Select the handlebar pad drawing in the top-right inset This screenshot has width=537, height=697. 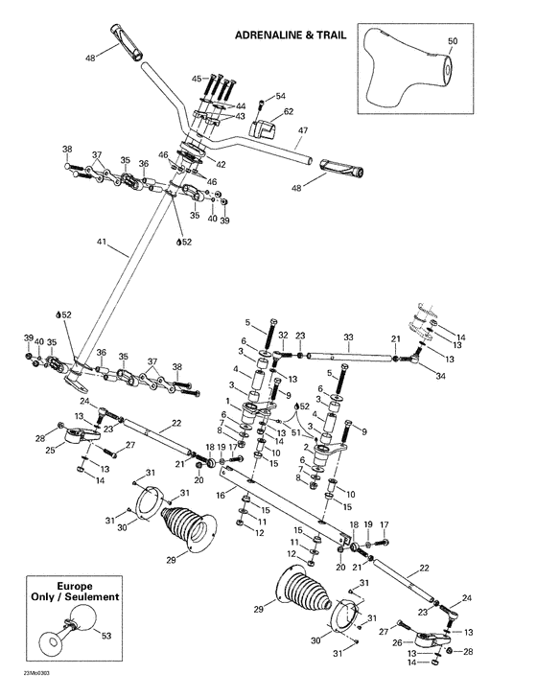407,71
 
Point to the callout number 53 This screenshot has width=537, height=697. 105,634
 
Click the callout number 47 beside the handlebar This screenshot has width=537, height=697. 303,129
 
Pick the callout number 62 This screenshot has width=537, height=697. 288,112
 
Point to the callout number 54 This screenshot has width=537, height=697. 281,96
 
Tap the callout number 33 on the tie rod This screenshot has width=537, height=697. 348,337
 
